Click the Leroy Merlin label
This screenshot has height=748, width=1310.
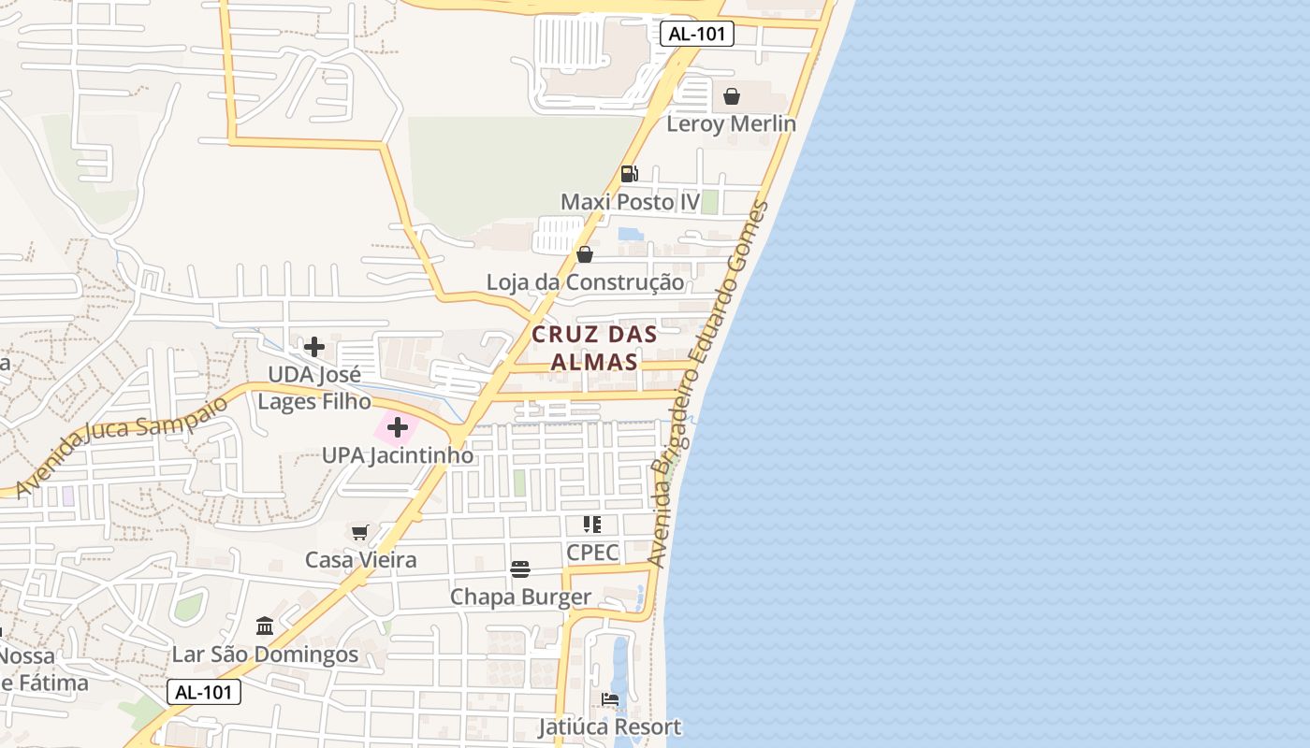tap(731, 123)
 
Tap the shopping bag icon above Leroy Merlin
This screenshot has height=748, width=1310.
tap(732, 96)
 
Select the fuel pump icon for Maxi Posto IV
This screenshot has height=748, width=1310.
tap(630, 174)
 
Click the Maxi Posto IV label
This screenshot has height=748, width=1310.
tap(630, 202)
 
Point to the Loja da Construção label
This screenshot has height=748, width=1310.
tap(585, 281)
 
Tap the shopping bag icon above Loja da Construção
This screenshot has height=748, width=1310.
tap(585, 254)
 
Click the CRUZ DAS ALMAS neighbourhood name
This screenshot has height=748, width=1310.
tap(594, 348)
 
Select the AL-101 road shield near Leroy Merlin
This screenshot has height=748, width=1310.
tap(697, 35)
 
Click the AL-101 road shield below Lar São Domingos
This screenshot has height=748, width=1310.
tap(204, 692)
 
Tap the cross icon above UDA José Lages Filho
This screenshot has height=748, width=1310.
tap(314, 347)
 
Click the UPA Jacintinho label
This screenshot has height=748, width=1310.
tap(398, 455)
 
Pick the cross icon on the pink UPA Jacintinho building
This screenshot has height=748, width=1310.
tap(398, 428)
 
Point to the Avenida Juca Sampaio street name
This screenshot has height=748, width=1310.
tap(121, 445)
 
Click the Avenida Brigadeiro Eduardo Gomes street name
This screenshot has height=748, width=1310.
tap(710, 383)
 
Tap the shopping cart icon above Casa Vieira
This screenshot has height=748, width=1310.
tap(360, 532)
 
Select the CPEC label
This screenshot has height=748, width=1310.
tap(592, 552)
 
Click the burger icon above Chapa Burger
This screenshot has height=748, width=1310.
tap(520, 569)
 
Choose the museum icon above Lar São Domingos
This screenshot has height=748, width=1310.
tap(265, 626)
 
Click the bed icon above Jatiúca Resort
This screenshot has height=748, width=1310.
tap(610, 699)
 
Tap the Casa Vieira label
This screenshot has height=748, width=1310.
tap(360, 560)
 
